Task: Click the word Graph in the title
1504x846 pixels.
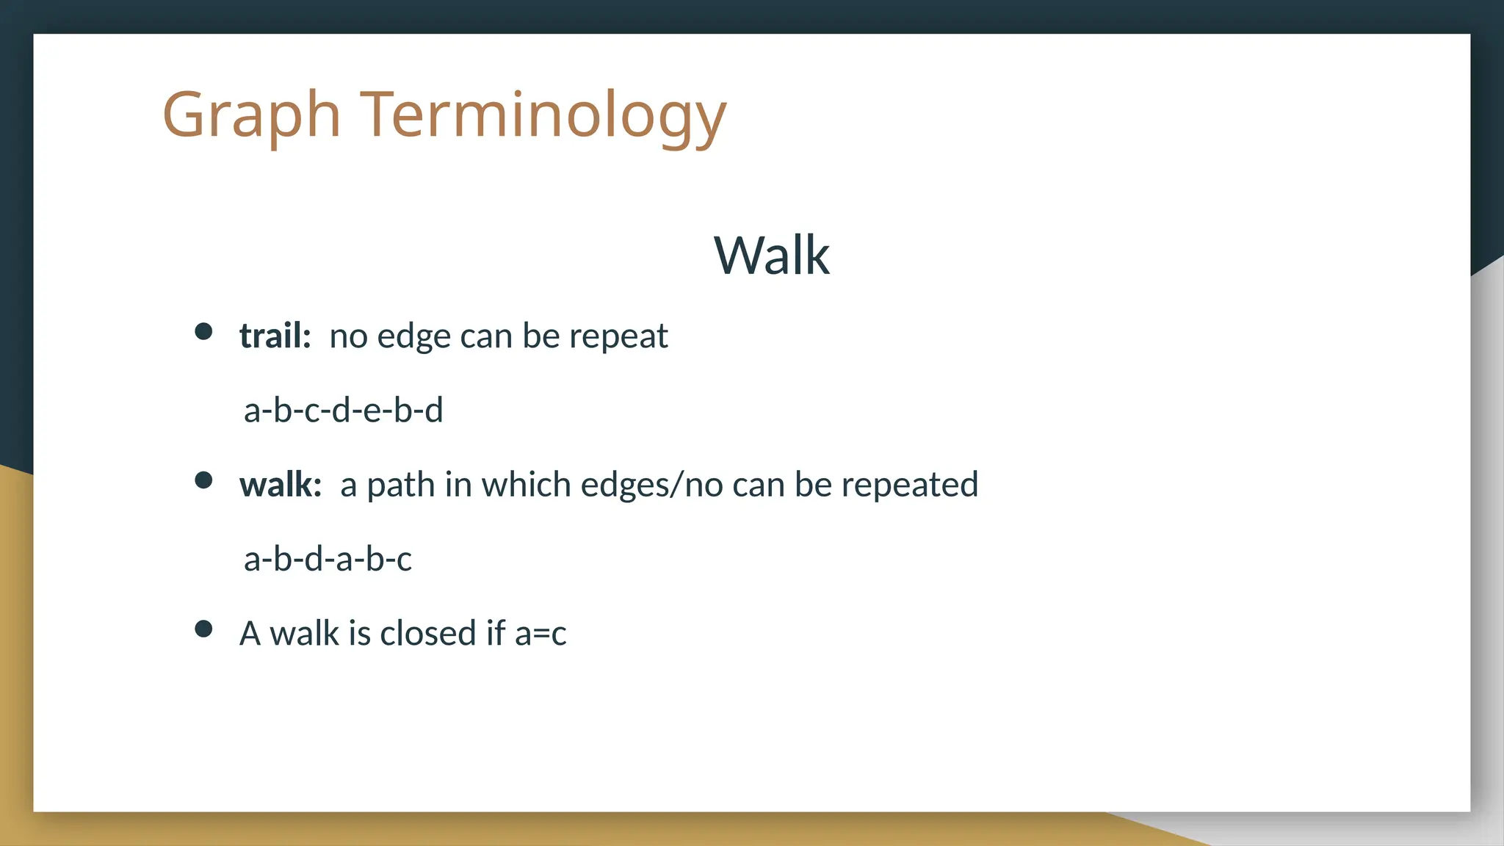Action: coord(251,115)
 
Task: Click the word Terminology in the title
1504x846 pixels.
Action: coord(543,115)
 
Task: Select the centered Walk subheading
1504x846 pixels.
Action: coord(771,256)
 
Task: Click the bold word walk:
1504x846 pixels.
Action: coord(281,485)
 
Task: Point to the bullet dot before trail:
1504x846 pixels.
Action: coord(203,331)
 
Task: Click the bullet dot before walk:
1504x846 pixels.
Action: coord(203,480)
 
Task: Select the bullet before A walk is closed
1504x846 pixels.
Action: coord(203,629)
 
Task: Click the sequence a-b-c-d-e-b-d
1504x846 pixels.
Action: coord(343,410)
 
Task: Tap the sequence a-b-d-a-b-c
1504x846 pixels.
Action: coord(328,559)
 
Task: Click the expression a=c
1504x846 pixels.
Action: coord(540,634)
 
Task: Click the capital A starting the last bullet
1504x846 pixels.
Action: coord(250,633)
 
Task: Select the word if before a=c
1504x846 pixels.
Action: coord(496,633)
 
